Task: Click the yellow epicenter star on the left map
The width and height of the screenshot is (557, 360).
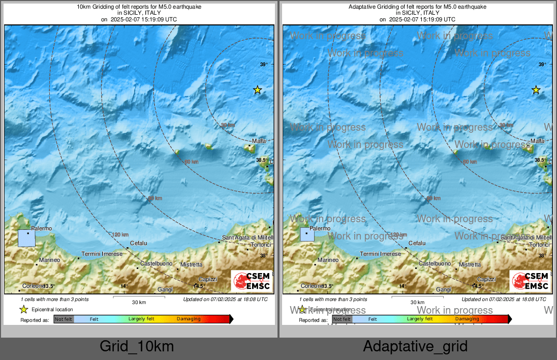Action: pyautogui.click(x=257, y=90)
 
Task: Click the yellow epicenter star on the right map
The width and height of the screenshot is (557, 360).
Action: pyautogui.click(x=536, y=90)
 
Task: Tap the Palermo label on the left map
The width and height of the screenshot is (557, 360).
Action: pyautogui.click(x=42, y=229)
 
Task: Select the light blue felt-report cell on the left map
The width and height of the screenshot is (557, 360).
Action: pyautogui.click(x=26, y=238)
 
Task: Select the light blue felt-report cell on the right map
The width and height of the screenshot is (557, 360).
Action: pyautogui.click(x=307, y=234)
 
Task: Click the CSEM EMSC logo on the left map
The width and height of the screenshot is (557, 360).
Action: pyautogui.click(x=252, y=281)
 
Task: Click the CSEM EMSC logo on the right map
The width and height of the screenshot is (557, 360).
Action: pyautogui.click(x=530, y=281)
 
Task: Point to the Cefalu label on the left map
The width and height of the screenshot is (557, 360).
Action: pyautogui.click(x=138, y=244)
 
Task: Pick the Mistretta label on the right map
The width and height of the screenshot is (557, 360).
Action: pyautogui.click(x=470, y=264)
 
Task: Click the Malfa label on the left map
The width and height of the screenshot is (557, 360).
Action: pyautogui.click(x=259, y=141)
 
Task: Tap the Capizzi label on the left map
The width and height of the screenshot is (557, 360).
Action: pyautogui.click(x=208, y=279)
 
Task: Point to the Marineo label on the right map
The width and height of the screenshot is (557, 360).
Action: pyautogui.click(x=328, y=260)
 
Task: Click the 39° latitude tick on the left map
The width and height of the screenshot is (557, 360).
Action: pyautogui.click(x=263, y=65)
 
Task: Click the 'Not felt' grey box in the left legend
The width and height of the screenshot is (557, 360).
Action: pyautogui.click(x=64, y=319)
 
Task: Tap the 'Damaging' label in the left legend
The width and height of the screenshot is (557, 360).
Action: pyautogui.click(x=189, y=319)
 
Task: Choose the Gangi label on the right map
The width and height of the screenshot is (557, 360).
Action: pyautogui.click(x=444, y=289)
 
